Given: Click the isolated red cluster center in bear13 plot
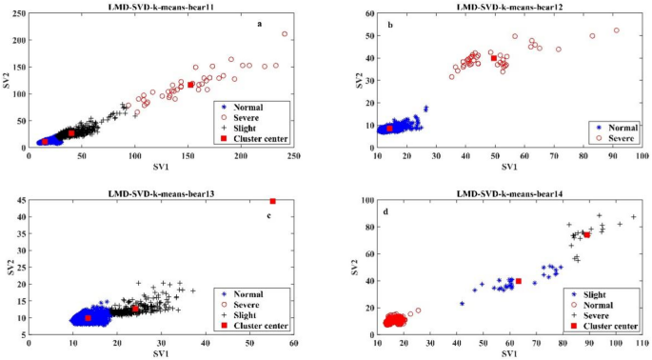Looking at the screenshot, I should coord(273,201).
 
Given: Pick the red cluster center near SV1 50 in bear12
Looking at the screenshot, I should coord(493,58).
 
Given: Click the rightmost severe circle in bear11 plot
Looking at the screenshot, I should coord(285,34).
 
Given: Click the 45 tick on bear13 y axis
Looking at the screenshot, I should coord(21,201).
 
